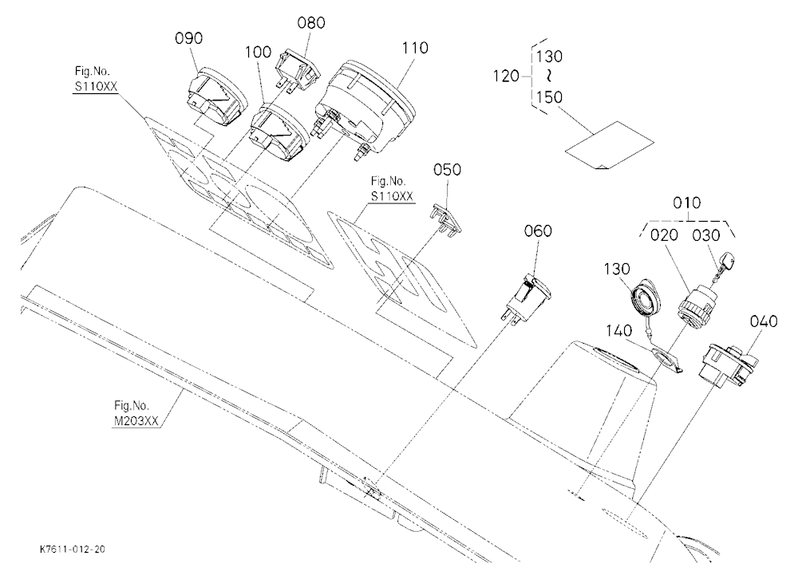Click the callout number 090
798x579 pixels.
coord(189,38)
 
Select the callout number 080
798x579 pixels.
coord(311,23)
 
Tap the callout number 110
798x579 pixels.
coord(415,49)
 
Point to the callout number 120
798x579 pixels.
coord(506,77)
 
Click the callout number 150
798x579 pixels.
coord(550,97)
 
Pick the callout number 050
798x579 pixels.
coord(448,170)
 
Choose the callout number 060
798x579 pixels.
coord(538,231)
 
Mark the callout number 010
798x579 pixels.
coord(686,203)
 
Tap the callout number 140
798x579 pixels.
coord(618,331)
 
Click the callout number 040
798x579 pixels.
coord(764,321)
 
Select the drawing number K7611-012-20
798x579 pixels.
coord(73,549)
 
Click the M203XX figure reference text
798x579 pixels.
coord(136,421)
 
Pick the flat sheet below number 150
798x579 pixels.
coord(610,145)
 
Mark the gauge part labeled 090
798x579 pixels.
coord(218,96)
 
